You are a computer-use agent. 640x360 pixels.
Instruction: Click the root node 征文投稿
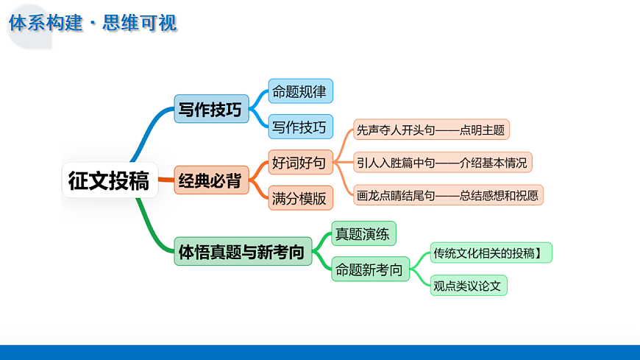coord(109,180)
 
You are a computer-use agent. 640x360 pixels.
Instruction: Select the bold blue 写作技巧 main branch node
coord(211,109)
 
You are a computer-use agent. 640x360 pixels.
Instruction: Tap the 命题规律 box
coord(300,91)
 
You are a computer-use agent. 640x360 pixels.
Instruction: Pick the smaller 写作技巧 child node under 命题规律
coord(300,127)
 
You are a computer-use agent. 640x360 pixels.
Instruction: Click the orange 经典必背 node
coord(211,180)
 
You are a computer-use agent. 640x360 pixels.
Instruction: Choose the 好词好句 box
coord(300,162)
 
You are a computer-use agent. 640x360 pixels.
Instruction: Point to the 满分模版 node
coord(300,197)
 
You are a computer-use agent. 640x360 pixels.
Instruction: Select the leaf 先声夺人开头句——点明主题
coord(430,130)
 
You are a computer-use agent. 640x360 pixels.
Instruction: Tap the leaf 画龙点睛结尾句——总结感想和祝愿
coord(447,195)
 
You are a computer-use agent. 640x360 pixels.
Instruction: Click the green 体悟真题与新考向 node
coord(243,251)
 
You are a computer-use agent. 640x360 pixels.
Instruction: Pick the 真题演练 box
coord(363,234)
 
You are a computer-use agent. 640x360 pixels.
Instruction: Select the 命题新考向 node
coord(369,269)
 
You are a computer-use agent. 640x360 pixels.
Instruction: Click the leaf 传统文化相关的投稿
coord(490,253)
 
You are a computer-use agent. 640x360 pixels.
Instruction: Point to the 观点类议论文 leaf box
coord(469,286)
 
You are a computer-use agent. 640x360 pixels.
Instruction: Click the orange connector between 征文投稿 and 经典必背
coord(166,180)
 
